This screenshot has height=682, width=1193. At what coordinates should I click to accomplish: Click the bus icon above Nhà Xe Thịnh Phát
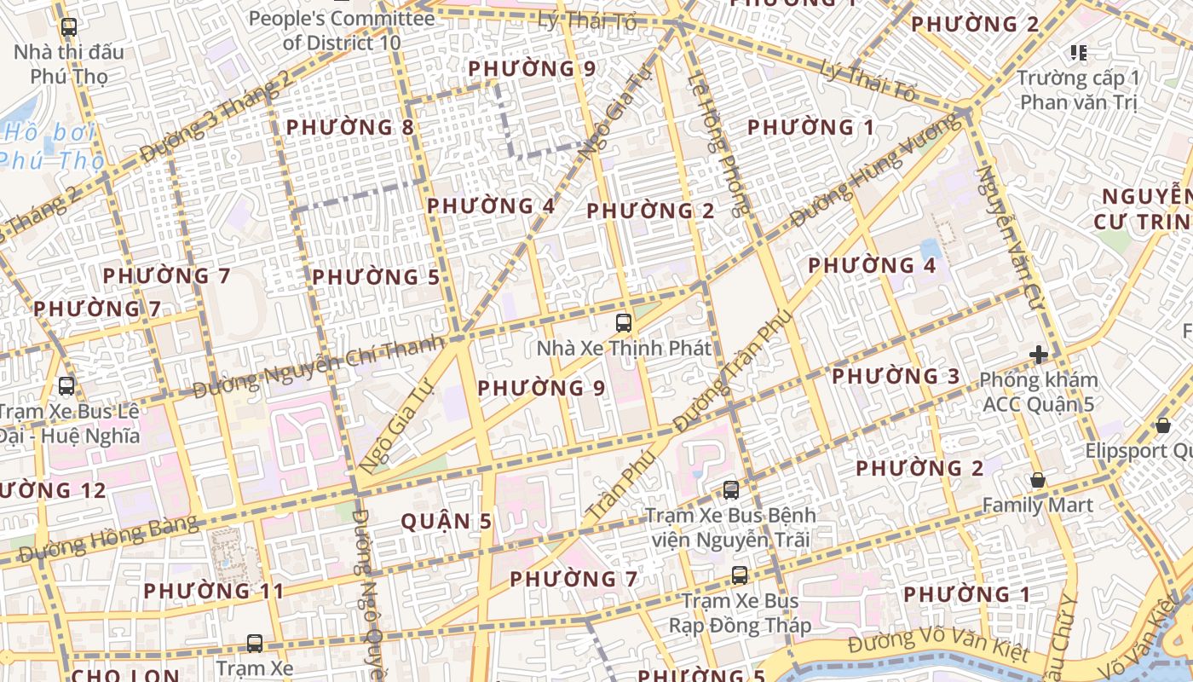pos(624,323)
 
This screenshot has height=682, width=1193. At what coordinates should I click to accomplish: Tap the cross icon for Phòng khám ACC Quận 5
pos(1038,355)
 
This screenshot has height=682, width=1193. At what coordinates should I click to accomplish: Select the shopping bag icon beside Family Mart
pos(1038,480)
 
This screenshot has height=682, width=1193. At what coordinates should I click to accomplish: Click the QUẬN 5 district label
pos(447,522)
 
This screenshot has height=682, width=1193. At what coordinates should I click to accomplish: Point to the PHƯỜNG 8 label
pos(349,128)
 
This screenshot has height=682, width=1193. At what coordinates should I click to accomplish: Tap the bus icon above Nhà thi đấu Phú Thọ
pos(69,27)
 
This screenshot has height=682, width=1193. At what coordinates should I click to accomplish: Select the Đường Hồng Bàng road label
pos(108,539)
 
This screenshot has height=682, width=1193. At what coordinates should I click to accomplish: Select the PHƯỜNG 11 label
pos(213,591)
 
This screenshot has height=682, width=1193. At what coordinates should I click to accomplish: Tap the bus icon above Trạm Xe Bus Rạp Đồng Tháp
pos(740,575)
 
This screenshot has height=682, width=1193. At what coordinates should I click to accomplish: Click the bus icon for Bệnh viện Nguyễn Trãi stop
pos(731,490)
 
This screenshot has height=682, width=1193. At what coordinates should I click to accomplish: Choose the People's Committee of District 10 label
pos(341,30)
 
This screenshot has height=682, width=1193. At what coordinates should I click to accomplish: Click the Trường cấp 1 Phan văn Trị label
pos(1078,90)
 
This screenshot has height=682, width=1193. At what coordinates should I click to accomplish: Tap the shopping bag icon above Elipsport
pos(1163,425)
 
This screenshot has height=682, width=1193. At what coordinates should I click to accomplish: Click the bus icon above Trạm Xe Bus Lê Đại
pos(66,386)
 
